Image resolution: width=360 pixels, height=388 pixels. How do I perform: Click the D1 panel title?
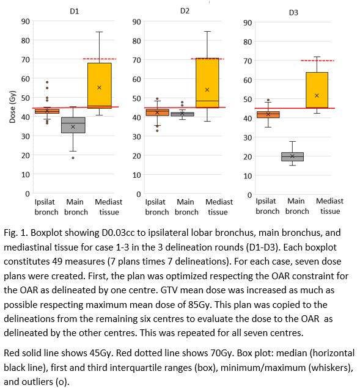click(75, 12)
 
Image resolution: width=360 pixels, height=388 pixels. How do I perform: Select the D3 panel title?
click(293, 12)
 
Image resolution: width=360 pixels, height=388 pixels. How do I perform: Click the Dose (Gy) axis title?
click(12, 107)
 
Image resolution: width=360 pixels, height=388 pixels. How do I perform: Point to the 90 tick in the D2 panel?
click(136, 22)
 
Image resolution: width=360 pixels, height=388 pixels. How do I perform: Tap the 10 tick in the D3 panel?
click(248, 176)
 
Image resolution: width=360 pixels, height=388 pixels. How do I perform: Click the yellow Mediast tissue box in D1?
click(100, 86)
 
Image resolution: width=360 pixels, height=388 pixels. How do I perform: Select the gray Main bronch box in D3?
click(292, 156)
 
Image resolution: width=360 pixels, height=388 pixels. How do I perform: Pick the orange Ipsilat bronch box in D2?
click(157, 112)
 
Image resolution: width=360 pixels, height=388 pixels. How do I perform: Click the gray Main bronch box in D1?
click(73, 125)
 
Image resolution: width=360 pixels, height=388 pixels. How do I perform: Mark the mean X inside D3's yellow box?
click(317, 95)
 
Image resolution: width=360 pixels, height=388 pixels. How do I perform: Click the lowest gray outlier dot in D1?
click(73, 158)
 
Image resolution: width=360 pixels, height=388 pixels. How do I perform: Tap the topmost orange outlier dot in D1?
click(47, 82)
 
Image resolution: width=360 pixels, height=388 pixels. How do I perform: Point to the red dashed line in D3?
click(317, 60)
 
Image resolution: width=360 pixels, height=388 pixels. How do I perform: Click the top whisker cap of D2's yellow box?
click(207, 31)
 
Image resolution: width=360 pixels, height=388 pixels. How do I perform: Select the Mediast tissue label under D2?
click(219, 207)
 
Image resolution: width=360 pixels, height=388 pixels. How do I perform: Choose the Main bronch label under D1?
click(76, 207)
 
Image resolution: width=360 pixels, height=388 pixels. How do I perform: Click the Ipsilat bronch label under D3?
click(267, 206)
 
